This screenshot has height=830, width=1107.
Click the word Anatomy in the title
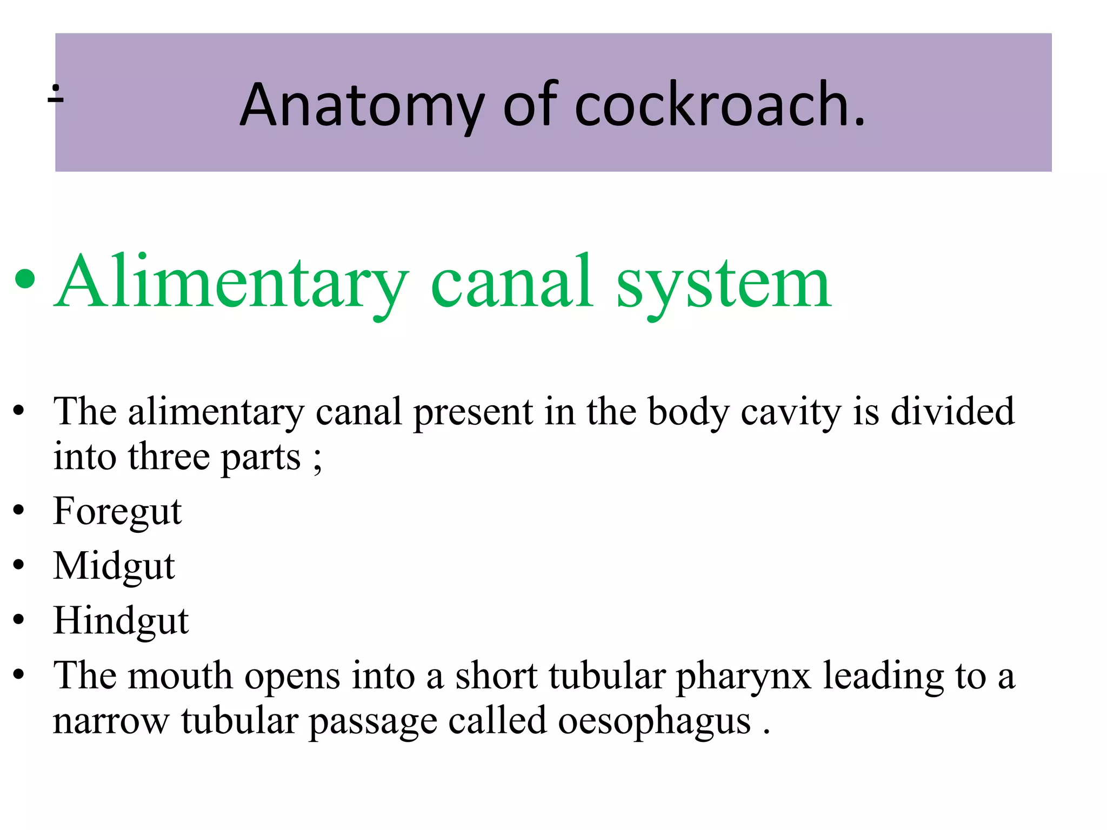tap(362, 106)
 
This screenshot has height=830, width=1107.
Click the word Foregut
tap(117, 511)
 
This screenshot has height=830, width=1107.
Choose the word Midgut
tap(114, 566)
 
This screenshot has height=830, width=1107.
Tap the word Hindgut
tap(121, 620)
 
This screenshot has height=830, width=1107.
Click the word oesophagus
tap(654, 722)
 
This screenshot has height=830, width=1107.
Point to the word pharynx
tap(744, 677)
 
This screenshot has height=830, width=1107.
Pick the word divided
tap(952, 411)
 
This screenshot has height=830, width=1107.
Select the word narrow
tap(111, 721)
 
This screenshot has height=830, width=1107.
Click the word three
tap(169, 457)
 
